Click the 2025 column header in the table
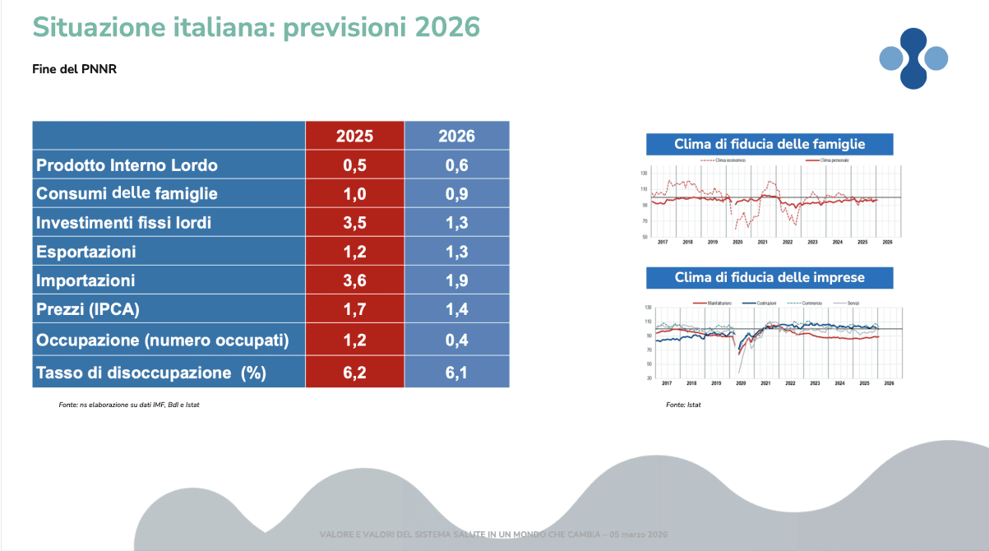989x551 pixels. pos(354,136)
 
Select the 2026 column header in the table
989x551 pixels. pos(456,136)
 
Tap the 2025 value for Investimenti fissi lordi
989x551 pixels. pos(354,222)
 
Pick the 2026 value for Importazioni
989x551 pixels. pos(456,280)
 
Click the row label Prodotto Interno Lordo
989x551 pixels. pos(127,165)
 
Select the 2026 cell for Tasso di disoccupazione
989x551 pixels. pos(456,373)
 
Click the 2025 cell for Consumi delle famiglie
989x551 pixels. pos(354,194)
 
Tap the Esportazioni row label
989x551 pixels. pos(86,252)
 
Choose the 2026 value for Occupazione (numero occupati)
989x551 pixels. pos(456,340)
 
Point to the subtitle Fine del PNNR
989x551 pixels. pos(75,69)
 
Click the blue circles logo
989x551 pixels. pos(913,58)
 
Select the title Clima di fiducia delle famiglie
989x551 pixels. pos(769,144)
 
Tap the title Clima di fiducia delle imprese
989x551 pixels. pos(769,277)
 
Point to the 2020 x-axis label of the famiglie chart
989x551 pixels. pos(737,243)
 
